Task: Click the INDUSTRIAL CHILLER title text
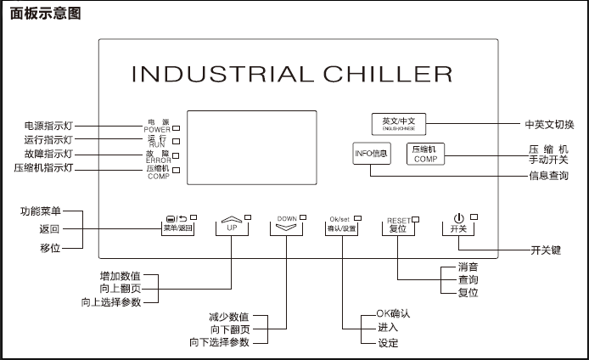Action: [291, 74]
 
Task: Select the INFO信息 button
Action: [371, 154]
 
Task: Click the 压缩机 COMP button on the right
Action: [425, 154]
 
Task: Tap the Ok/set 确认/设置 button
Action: [343, 228]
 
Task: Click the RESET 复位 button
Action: [397, 228]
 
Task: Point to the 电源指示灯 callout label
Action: [48, 126]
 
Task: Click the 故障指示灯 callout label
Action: [48, 154]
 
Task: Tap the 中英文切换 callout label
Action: [549, 125]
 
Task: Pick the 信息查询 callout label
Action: [549, 176]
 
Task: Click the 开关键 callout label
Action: [547, 250]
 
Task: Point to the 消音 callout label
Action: [468, 266]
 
